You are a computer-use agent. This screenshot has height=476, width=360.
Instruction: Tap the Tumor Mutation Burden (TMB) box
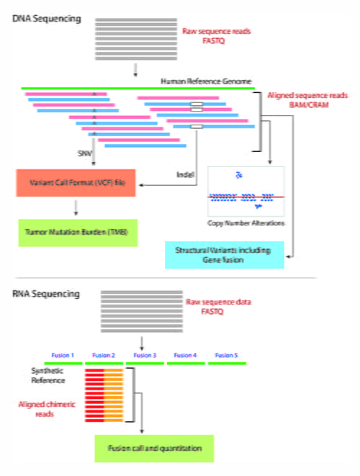pos(76,233)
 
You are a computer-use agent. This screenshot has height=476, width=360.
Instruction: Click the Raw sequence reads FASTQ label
pos(215,37)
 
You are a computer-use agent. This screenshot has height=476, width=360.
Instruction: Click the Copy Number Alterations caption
pos(245,224)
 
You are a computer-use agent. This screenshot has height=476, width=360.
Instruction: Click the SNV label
pos(84,153)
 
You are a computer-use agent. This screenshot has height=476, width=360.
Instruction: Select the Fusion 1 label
pos(63,355)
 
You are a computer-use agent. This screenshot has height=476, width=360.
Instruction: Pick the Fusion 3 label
pos(145,355)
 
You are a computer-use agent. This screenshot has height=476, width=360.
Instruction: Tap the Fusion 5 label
pos(226,355)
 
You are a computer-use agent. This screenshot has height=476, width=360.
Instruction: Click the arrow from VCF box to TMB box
pos(76,208)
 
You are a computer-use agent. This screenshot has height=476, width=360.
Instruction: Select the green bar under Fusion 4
pos(185,363)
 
